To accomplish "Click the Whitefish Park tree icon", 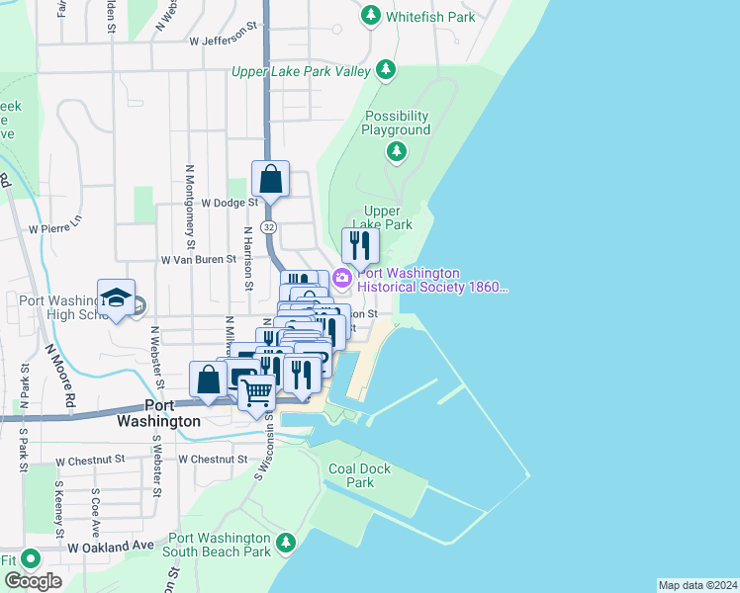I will (371, 16).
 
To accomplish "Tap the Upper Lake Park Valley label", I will (301, 71).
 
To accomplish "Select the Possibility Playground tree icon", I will (396, 151).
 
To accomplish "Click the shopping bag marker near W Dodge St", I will (270, 180).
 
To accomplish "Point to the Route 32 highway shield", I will (269, 227).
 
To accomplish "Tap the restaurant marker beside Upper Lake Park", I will (360, 244).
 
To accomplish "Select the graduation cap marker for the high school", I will (116, 296).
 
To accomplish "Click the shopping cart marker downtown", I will (257, 391).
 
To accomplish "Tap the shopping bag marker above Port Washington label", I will (209, 380).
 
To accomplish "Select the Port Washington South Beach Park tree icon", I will (286, 543).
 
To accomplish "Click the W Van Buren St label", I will (199, 259).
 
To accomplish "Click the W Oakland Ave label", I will (111, 546).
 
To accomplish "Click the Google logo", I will (33, 580).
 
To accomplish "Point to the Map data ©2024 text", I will (697, 585).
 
